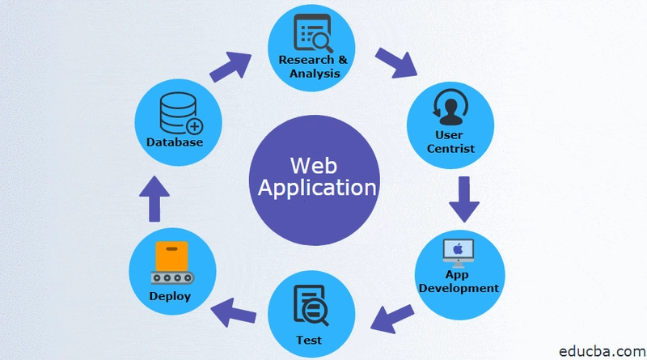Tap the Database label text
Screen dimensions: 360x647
click(x=174, y=142)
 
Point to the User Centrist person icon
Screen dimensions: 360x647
click(x=449, y=107)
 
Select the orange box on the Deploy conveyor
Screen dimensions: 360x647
click(x=169, y=258)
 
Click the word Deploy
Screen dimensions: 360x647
click(x=170, y=296)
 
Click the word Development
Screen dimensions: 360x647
click(x=458, y=288)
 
